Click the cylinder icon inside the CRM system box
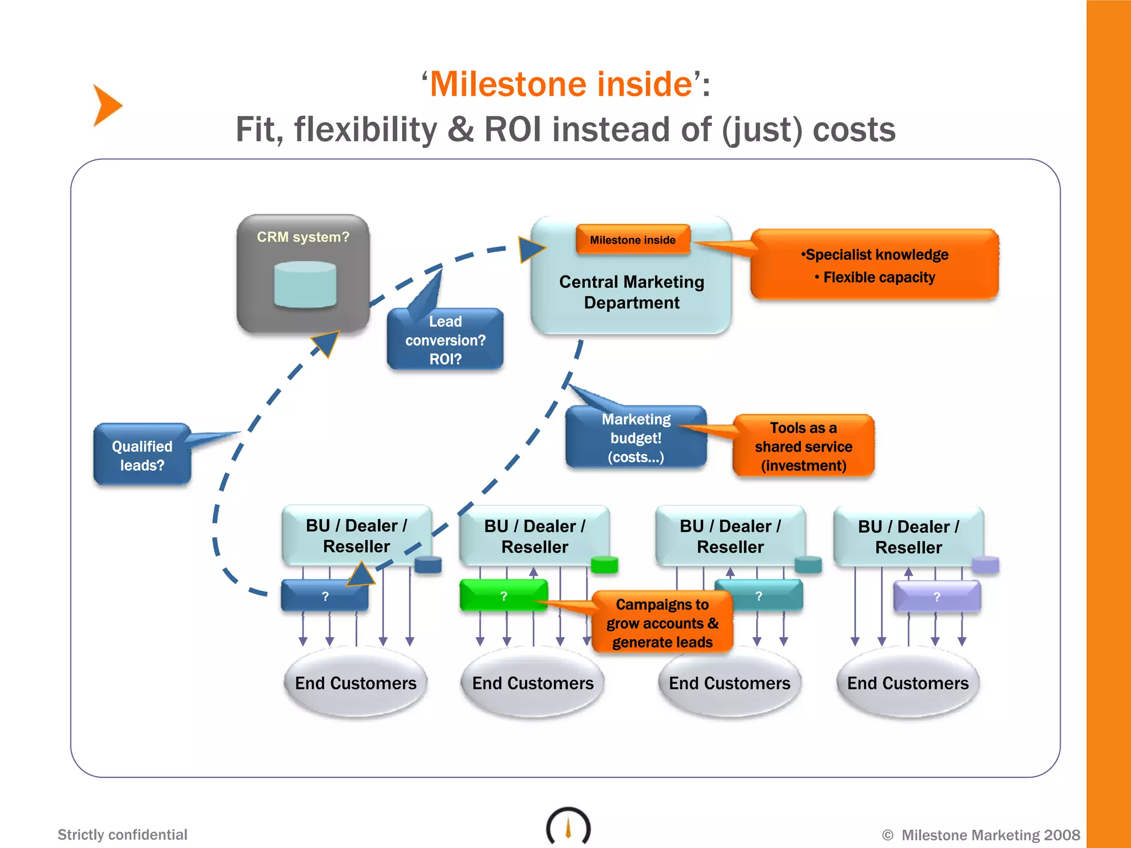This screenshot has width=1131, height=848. coord(305,284)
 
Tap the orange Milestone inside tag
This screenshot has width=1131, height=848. coord(632,240)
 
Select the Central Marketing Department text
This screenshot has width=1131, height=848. coord(631,292)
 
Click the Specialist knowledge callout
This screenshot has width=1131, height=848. coord(874,265)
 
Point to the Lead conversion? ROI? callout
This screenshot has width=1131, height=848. coord(445,340)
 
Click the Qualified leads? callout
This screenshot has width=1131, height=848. coord(142,455)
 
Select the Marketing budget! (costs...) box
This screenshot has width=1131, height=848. coord(636,438)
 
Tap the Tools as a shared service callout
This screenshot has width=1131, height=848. coord(804,446)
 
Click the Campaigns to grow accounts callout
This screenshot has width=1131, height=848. coord(662,623)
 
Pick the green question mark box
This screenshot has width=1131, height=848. coord(503,596)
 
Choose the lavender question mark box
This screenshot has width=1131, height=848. coord(936,596)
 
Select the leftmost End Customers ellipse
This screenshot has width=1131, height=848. coord(356,683)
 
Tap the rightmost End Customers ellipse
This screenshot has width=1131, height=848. coord(907,683)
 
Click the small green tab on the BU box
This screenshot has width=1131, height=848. coord(604,565)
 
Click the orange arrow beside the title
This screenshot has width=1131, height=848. coord(107,105)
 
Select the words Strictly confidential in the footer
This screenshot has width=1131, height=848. coord(123,834)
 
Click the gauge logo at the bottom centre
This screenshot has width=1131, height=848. coord(568,826)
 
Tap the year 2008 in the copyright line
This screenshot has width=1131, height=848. coord(1062,835)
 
